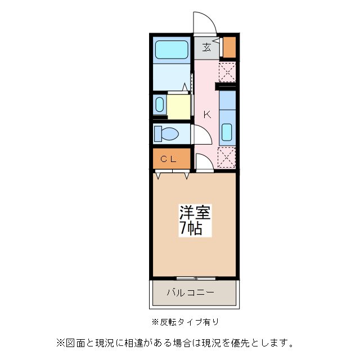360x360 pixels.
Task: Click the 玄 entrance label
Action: pos(207,47)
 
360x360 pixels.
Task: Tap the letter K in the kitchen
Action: pos(207,115)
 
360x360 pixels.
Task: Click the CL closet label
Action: pos(169,159)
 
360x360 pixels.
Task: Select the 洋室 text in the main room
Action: pos(195,213)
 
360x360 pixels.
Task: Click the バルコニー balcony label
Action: pos(191,292)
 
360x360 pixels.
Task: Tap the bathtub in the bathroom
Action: pos(172,52)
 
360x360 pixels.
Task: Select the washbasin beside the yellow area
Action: pos(159,105)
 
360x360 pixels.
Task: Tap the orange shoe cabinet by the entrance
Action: pos(229,48)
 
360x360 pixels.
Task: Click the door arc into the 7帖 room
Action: pos(205,161)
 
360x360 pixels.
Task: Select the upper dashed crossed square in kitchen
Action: pos(227,73)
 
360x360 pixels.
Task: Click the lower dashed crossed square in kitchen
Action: pos(227,157)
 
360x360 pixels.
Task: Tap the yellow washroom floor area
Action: pos(179,106)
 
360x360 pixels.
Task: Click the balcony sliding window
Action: pos(195,278)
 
